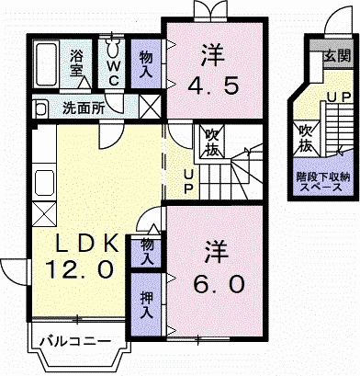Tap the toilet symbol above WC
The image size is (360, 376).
point(114,46)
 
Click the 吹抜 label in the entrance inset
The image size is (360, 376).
point(305,138)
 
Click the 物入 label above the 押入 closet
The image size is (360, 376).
point(145,249)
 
